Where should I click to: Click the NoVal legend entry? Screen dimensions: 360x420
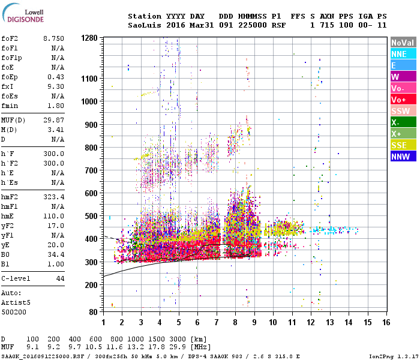click(403, 43)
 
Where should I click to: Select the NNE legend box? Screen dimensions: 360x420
click(403, 54)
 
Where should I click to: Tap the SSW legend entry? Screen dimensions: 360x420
click(403, 111)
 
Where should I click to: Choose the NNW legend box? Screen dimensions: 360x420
click(403, 157)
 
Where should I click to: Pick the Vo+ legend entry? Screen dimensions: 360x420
click(403, 100)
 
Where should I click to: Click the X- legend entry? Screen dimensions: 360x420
click(403, 122)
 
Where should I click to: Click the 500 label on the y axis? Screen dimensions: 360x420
click(91, 216)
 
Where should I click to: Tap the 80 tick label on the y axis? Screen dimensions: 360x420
click(93, 312)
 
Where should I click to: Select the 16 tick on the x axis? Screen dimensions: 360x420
click(386, 322)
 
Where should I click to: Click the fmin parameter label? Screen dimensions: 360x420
click(10, 106)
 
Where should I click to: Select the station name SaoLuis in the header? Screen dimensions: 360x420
click(143, 25)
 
